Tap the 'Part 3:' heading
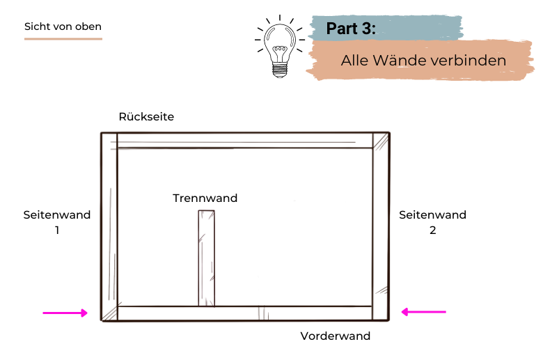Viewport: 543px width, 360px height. click(x=351, y=29)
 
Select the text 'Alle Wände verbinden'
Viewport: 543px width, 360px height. click(x=423, y=61)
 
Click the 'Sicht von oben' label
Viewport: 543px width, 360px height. click(x=63, y=26)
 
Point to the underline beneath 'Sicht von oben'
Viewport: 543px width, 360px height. click(x=63, y=39)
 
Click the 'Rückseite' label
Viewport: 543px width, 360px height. click(x=146, y=117)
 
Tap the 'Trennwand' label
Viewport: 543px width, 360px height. click(x=205, y=198)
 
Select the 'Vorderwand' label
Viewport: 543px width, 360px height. click(x=335, y=336)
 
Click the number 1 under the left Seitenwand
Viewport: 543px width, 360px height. click(x=56, y=230)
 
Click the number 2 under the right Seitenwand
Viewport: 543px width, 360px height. click(x=432, y=230)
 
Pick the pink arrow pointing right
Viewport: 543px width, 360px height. click(x=65, y=313)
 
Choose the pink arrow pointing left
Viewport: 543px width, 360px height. click(x=423, y=312)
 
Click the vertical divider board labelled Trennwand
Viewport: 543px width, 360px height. click(x=206, y=258)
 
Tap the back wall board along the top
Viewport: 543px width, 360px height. click(x=244, y=141)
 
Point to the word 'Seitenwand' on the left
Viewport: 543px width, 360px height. click(x=56, y=215)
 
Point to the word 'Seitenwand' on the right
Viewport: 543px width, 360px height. click(x=432, y=215)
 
